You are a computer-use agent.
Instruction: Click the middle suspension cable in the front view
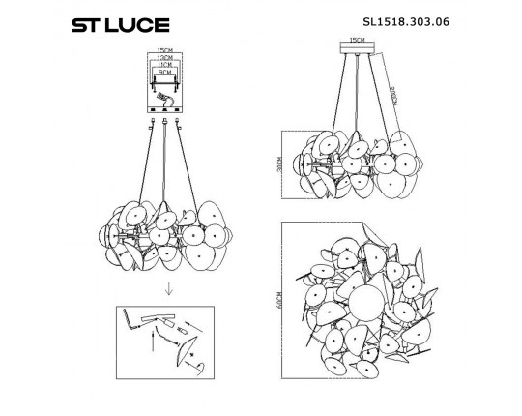click(x=165, y=164)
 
